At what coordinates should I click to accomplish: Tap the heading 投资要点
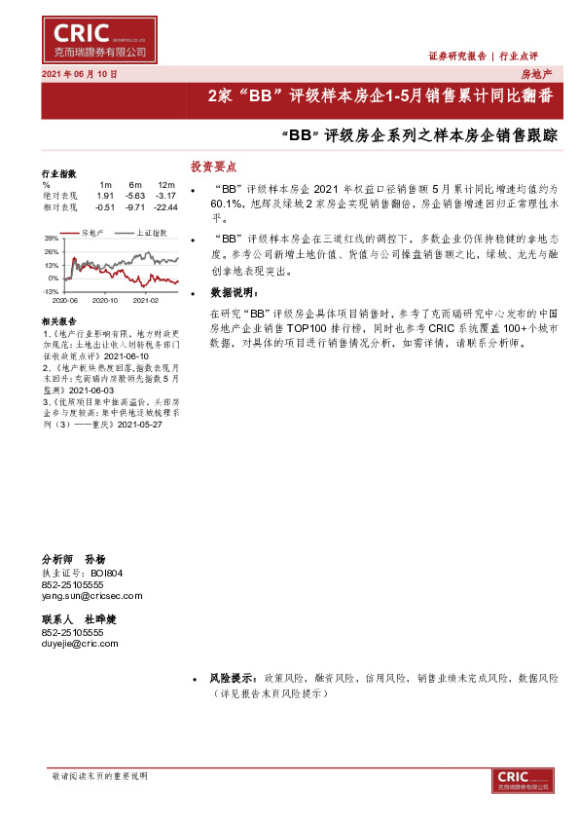click(213, 167)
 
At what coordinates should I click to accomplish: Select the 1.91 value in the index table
click(106, 196)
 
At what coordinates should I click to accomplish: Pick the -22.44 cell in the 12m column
click(164, 206)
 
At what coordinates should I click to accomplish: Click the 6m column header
click(135, 185)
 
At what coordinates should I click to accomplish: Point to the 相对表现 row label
click(59, 206)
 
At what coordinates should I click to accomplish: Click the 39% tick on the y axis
click(51, 238)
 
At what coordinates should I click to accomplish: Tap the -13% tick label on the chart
click(50, 290)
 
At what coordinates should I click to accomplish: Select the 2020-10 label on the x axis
click(105, 301)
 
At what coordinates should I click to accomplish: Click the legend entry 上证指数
click(151, 233)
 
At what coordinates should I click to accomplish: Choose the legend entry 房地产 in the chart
click(92, 233)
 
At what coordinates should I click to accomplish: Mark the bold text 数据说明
click(235, 292)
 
